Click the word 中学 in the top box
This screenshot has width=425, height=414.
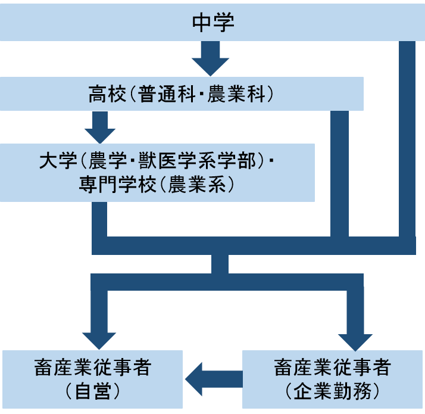point(213,23)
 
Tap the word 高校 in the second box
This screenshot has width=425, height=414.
point(105,94)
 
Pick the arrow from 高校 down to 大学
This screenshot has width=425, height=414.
point(100,125)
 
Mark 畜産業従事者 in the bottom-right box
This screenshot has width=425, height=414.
point(332,368)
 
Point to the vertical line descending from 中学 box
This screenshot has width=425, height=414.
point(407,137)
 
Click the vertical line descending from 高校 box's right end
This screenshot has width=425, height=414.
point(339,173)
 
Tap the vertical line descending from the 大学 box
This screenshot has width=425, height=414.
point(99,219)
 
